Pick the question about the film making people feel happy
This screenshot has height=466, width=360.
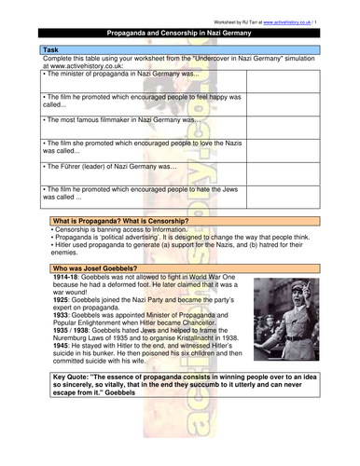pos(131,101)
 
